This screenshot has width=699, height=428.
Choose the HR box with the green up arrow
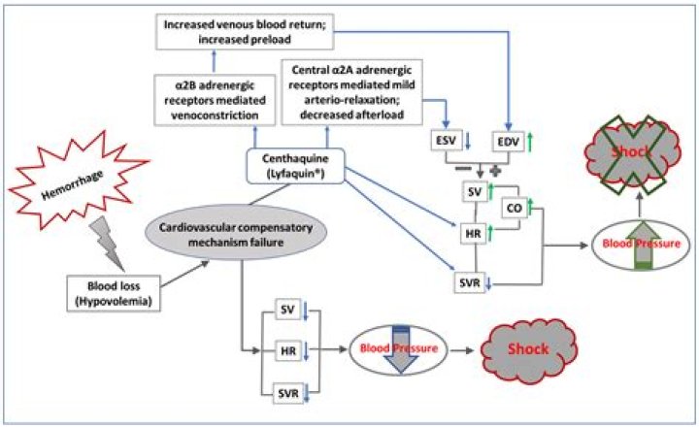[x=475, y=233]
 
